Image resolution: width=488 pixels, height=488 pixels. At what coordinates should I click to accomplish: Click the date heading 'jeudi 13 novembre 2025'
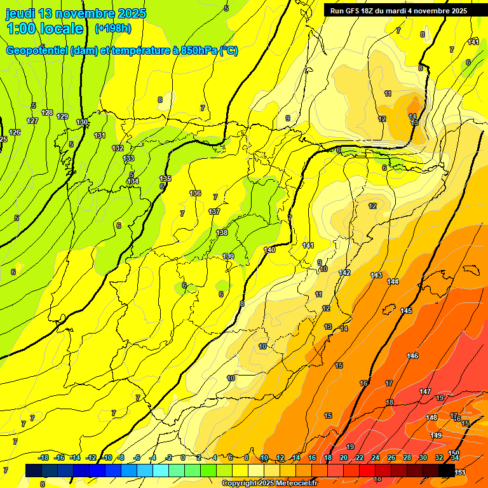[x=76, y=13]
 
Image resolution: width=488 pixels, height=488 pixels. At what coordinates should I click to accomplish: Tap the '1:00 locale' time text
[x=45, y=29]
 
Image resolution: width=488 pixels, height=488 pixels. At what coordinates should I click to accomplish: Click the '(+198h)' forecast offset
[x=112, y=29]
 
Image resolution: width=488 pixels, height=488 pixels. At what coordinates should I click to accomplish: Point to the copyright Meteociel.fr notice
[x=269, y=484]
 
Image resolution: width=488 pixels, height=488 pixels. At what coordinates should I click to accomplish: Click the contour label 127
[x=32, y=121]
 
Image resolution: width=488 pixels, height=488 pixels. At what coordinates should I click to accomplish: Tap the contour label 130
[x=82, y=122]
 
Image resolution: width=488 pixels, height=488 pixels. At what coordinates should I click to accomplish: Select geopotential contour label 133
[x=129, y=158]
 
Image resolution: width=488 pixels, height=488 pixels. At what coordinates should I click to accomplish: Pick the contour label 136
[x=195, y=193]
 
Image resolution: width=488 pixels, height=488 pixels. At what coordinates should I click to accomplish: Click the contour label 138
[x=222, y=233]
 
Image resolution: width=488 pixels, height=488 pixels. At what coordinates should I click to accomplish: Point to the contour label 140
[x=270, y=250]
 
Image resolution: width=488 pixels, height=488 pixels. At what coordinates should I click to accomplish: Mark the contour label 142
[x=344, y=273]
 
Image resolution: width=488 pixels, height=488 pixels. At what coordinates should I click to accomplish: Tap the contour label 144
[x=393, y=281]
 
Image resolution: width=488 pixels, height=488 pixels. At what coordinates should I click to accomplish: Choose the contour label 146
[x=413, y=356]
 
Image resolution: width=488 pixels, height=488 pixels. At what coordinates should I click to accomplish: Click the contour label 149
[x=436, y=435]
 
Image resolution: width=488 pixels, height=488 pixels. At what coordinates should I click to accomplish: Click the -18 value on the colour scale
[x=44, y=457]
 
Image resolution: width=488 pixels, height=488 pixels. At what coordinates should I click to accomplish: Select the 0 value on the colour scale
[x=183, y=457]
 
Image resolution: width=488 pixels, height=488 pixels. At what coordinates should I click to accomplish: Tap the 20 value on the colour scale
[x=344, y=457]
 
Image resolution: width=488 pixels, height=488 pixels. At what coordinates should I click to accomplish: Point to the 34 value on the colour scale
[x=455, y=457]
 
